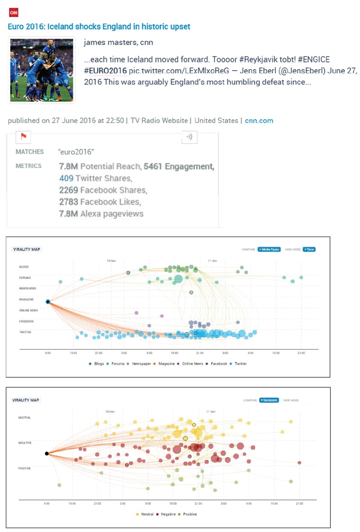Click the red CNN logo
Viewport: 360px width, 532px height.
(x=13, y=13)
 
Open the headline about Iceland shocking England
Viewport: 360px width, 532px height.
(x=99, y=27)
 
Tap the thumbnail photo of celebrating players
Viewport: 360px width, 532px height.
(x=41, y=70)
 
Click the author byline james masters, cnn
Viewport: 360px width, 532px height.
(x=118, y=43)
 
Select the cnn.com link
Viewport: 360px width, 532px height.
(x=259, y=121)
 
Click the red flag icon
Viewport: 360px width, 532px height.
(x=22, y=136)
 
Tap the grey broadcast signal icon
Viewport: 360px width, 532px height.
(x=189, y=137)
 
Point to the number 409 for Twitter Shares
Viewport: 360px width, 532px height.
(x=66, y=178)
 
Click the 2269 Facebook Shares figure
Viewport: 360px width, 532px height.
(x=68, y=190)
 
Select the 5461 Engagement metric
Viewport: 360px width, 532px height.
(x=178, y=166)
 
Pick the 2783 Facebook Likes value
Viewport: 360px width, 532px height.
(x=68, y=202)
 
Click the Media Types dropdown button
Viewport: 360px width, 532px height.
(x=269, y=249)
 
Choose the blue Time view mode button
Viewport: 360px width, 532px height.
(x=309, y=249)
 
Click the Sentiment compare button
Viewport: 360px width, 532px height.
(x=269, y=400)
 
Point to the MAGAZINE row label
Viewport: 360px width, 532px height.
(x=26, y=300)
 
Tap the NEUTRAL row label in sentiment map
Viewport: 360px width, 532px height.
(x=25, y=417)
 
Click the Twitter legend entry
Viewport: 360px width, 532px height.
(x=239, y=363)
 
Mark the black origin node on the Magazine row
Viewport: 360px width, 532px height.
(x=48, y=302)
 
